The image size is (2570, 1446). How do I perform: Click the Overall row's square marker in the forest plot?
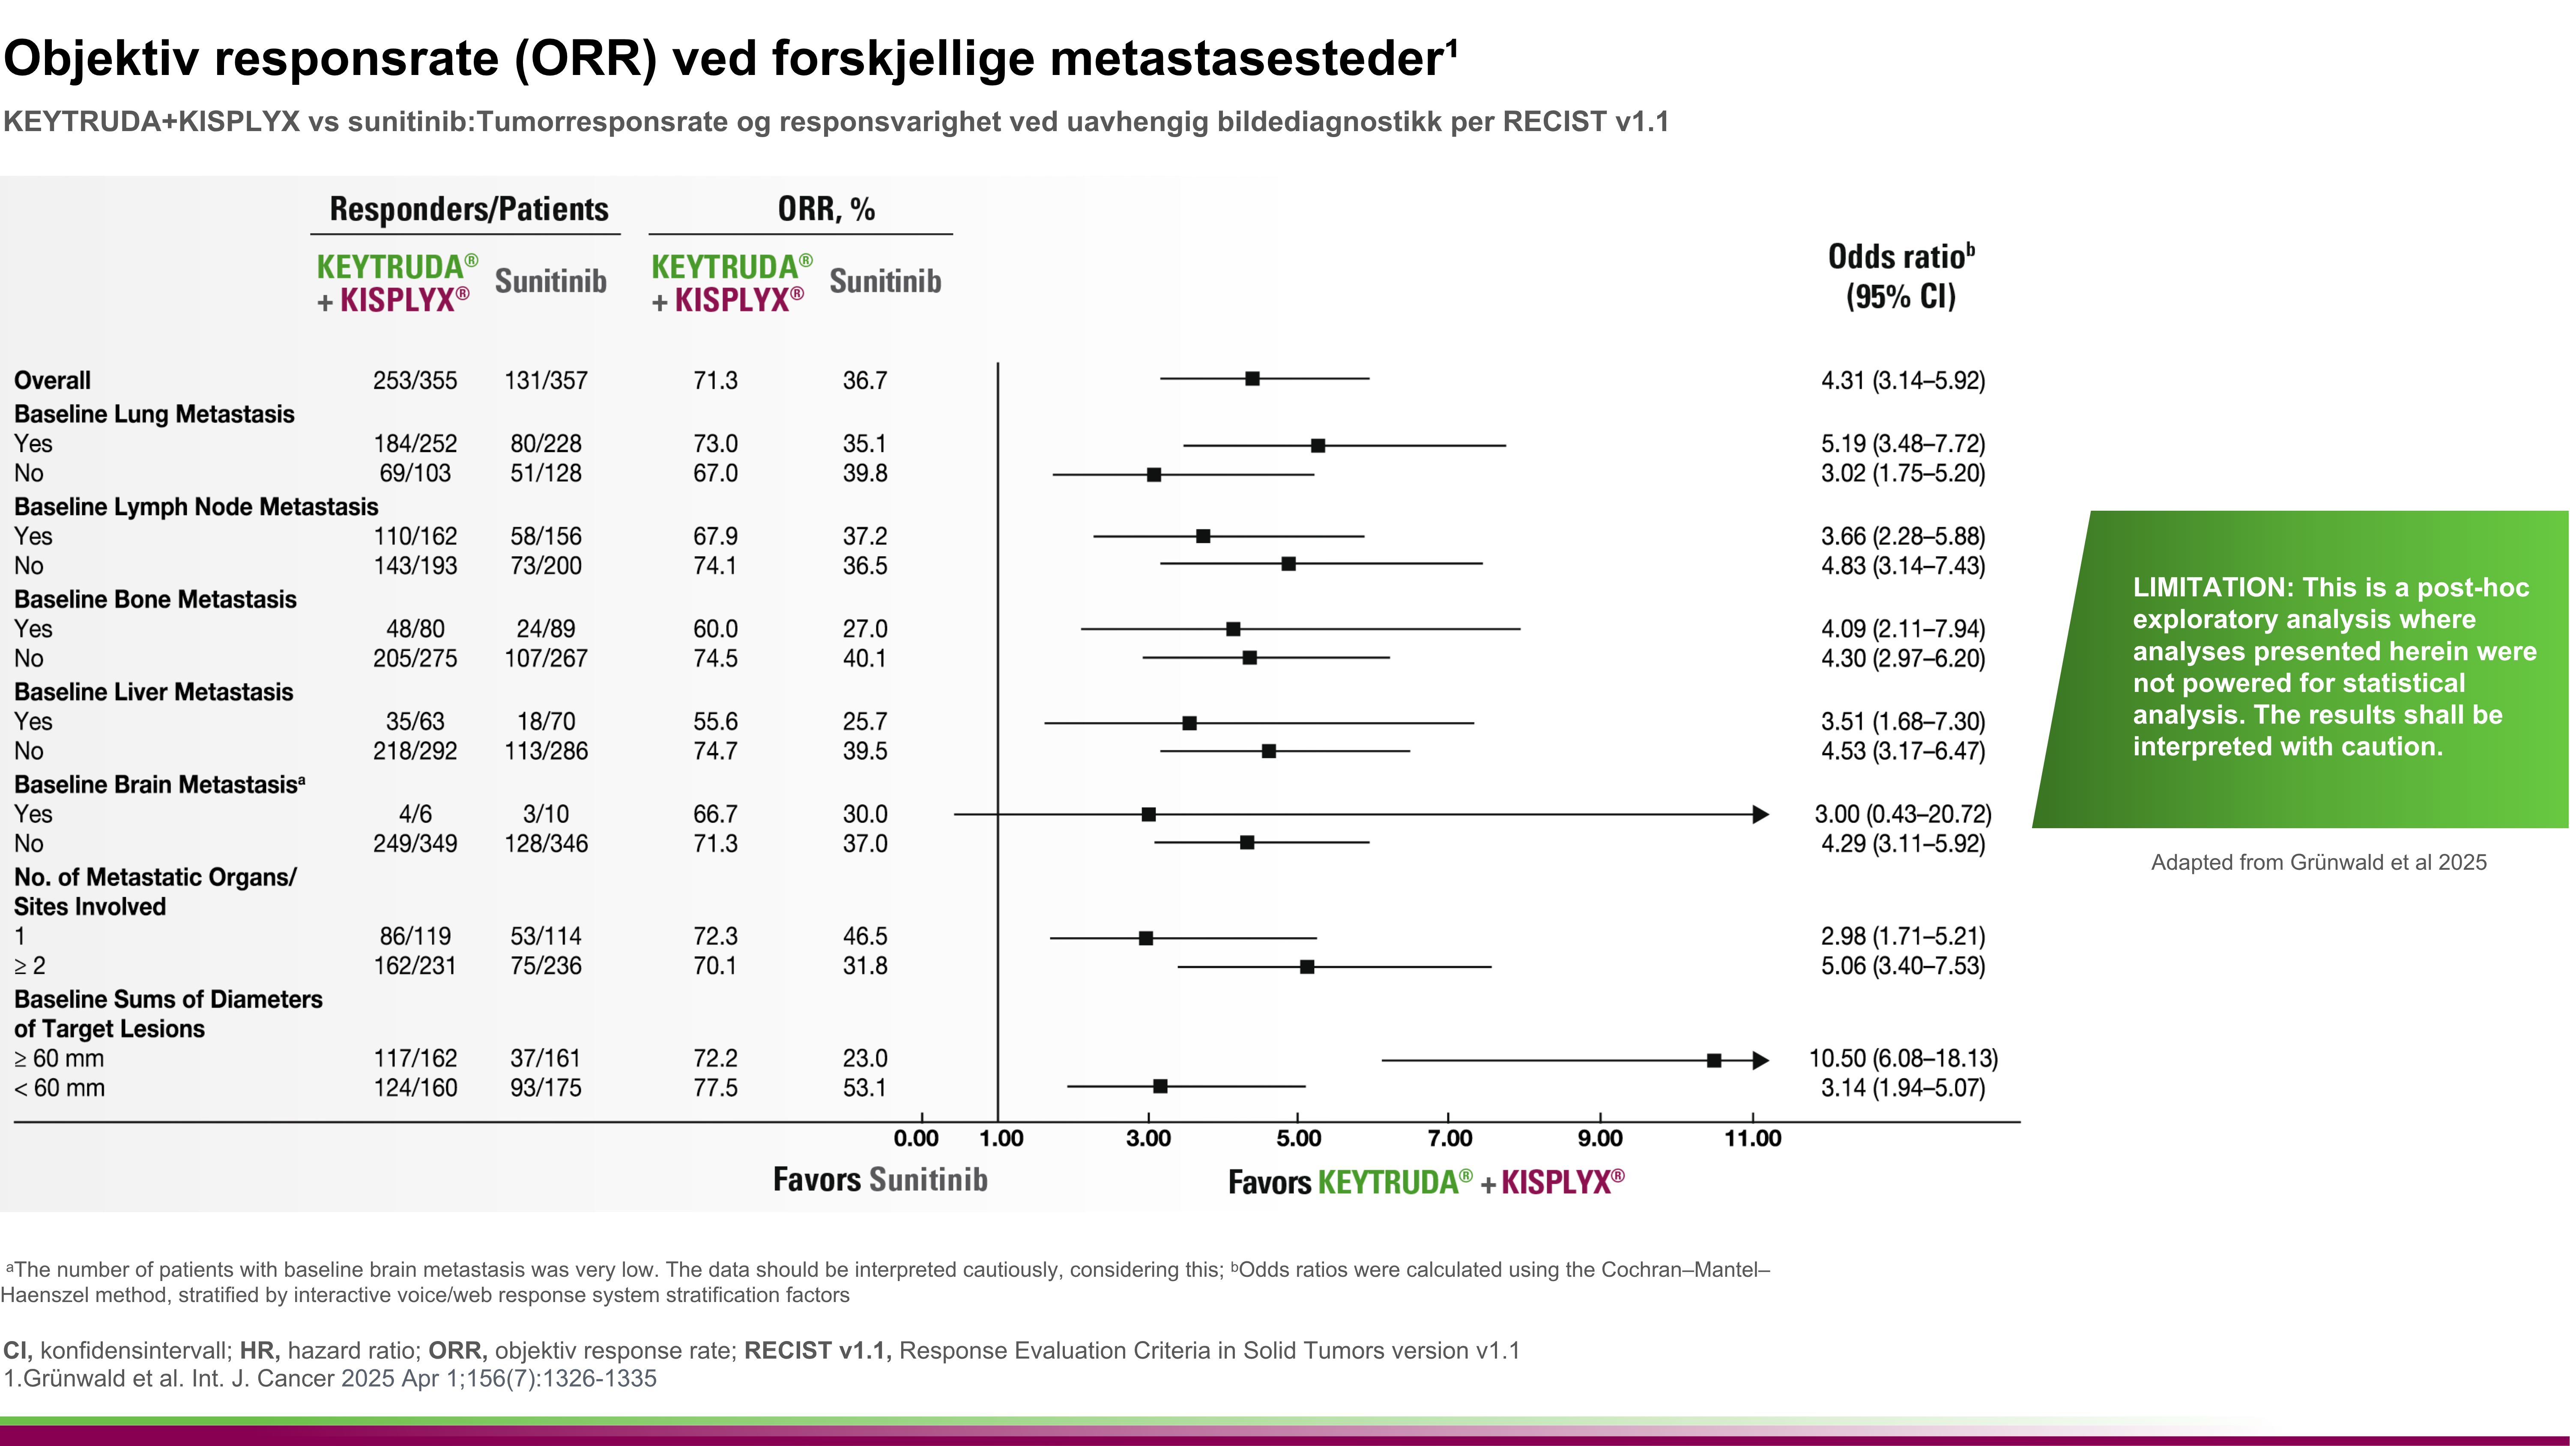(1252, 379)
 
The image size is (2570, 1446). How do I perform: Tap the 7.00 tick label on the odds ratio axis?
(1449, 1139)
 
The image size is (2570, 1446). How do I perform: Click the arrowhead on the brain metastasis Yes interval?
(1761, 814)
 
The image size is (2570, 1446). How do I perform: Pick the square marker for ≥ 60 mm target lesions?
(1714, 1060)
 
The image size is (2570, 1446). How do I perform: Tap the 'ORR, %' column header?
(826, 210)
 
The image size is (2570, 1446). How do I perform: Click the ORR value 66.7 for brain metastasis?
(715, 814)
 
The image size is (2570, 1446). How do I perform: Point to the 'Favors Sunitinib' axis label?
(880, 1180)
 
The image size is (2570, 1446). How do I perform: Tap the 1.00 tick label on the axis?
(1001, 1139)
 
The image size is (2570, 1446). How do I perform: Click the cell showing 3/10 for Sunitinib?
(546, 814)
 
